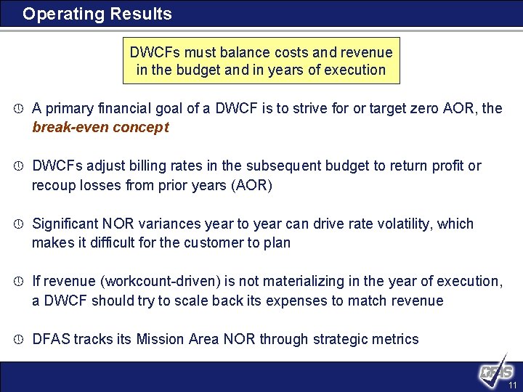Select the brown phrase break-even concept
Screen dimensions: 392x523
point(100,127)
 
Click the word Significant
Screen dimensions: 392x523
point(69,224)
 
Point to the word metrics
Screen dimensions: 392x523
point(395,339)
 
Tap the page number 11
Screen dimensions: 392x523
point(512,385)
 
